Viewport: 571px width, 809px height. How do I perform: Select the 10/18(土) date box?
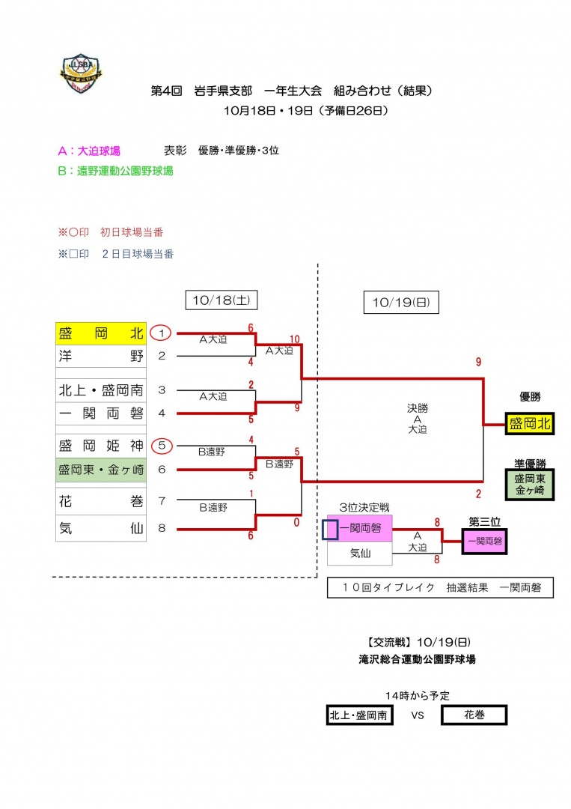(221, 300)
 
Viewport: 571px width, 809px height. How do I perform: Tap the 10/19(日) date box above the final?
(401, 303)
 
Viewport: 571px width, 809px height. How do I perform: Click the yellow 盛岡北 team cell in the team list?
(101, 333)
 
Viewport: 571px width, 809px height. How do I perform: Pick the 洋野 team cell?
(101, 357)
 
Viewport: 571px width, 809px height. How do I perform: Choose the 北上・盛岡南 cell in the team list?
(101, 390)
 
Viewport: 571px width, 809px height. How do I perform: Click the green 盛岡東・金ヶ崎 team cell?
(101, 470)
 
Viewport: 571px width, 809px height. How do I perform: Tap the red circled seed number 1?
(161, 333)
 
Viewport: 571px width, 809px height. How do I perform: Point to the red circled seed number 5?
(161, 446)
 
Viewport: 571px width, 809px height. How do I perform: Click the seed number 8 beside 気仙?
(161, 529)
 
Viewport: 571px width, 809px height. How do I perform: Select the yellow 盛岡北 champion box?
(530, 424)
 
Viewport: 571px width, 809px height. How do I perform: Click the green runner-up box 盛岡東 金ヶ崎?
(530, 485)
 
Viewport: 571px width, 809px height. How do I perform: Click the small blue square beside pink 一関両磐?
(330, 529)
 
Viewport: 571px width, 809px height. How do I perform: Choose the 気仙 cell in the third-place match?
(360, 554)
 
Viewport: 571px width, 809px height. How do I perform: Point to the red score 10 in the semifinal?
(295, 339)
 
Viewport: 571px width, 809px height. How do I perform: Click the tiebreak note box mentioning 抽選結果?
(440, 588)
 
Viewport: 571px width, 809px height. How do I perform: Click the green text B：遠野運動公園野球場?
(115, 171)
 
